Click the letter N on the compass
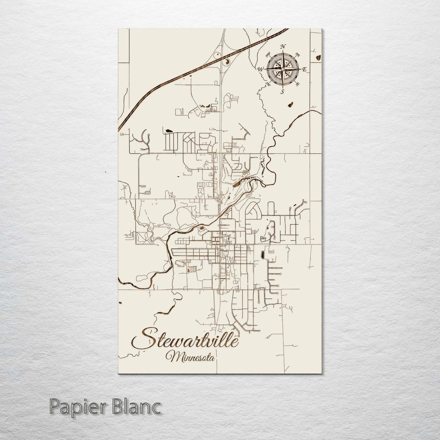[283, 46]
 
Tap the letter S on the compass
[282, 91]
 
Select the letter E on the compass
[304, 69]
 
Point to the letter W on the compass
[260, 69]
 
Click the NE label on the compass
[298, 55]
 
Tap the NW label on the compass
[268, 55]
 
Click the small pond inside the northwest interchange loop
[217, 55]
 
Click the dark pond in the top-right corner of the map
[318, 57]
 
